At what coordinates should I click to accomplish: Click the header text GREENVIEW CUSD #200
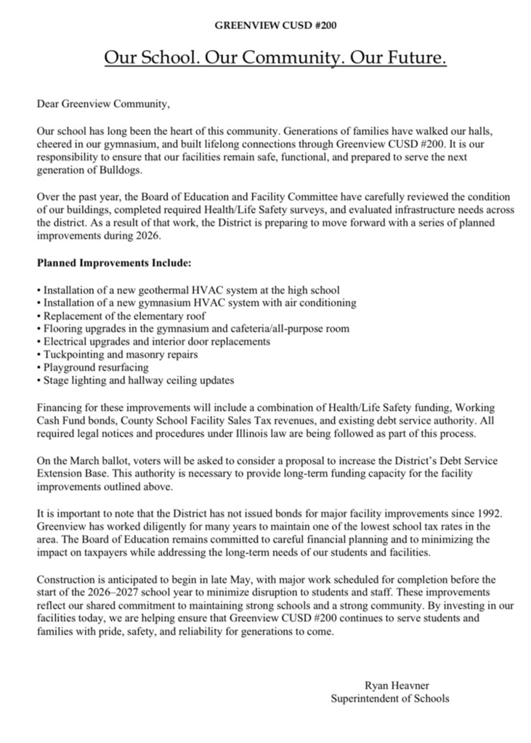coord(266,25)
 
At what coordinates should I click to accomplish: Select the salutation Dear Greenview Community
coord(102,104)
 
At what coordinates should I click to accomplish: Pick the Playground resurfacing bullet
coord(96,368)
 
